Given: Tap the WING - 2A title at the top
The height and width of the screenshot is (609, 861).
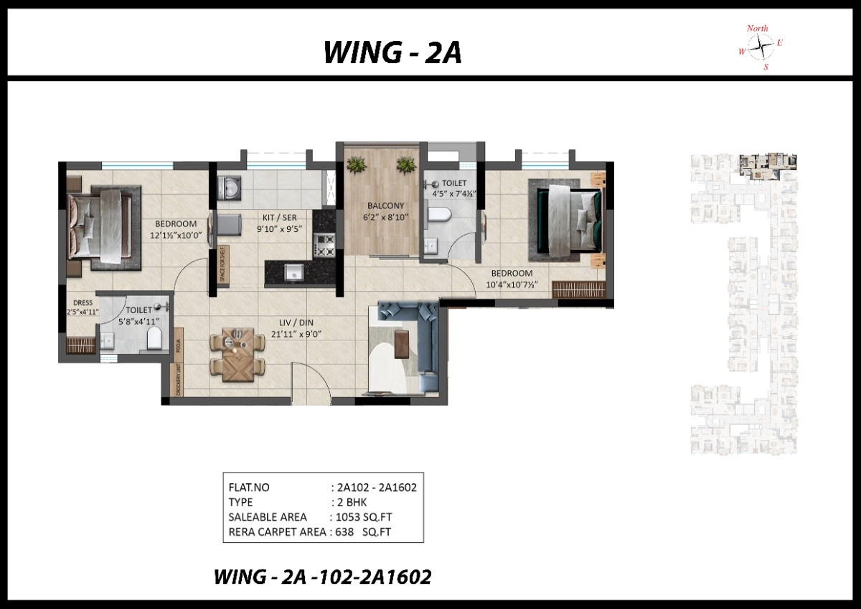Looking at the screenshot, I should (x=392, y=52).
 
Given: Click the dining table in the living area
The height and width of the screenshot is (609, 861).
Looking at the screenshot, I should (x=237, y=353).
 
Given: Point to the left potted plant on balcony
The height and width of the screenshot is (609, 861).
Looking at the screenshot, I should (x=357, y=164).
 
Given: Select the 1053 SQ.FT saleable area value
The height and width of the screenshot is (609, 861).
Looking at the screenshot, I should (x=362, y=517).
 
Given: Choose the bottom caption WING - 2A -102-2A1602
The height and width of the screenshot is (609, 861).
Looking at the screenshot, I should (x=323, y=576).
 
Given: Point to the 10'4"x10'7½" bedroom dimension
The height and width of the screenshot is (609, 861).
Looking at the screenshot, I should (x=512, y=284).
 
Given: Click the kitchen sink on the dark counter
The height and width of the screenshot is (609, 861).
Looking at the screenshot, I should (x=292, y=271).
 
